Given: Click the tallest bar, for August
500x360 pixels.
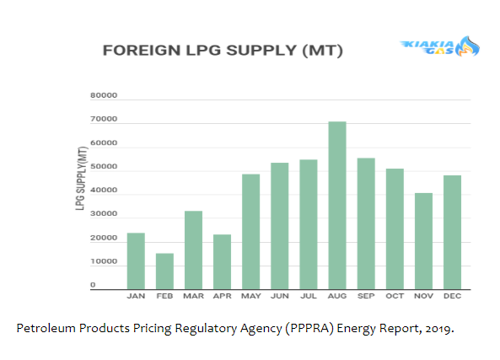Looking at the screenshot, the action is click(337, 206).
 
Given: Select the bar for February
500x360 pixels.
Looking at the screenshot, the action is click(164, 271).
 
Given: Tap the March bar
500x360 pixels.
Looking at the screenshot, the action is click(193, 250).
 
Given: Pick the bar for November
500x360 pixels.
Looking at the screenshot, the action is click(423, 241).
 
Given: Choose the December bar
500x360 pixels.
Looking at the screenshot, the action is click(452, 232).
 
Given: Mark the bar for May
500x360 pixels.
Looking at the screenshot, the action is click(250, 232).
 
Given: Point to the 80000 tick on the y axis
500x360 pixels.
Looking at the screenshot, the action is click(104, 95).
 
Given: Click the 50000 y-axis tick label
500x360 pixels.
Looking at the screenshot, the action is click(104, 166).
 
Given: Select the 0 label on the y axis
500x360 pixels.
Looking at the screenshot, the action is click(93, 285).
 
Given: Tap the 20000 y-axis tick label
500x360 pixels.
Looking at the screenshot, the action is click(104, 238).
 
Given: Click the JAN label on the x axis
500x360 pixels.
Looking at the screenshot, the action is click(136, 296).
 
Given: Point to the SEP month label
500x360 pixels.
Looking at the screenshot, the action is click(366, 296).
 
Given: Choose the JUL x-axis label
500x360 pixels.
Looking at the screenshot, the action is click(309, 296).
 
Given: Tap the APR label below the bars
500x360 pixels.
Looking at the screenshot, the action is click(222, 296).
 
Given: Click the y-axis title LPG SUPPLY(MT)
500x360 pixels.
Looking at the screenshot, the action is click(81, 178).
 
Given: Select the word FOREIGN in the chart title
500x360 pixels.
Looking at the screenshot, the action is click(142, 51).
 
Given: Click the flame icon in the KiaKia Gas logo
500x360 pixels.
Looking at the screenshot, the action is click(467, 46).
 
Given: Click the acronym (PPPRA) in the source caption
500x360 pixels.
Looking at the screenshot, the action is click(309, 328).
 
